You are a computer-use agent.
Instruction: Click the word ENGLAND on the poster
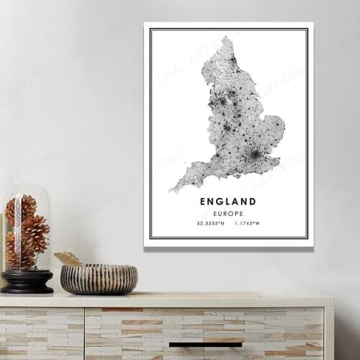click(x=228, y=202)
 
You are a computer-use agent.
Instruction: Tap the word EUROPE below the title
click(x=228, y=214)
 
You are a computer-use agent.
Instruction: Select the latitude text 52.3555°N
click(x=210, y=223)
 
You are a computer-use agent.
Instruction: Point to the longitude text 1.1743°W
click(x=246, y=223)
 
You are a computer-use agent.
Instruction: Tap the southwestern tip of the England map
click(x=171, y=190)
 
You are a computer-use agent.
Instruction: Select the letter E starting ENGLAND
click(x=204, y=202)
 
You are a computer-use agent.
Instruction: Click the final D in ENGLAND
click(x=253, y=202)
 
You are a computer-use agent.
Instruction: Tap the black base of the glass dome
click(x=27, y=282)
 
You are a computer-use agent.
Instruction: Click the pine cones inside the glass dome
click(x=27, y=230)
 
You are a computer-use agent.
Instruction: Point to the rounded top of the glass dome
click(x=26, y=189)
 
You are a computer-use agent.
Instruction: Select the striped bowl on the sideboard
click(x=99, y=279)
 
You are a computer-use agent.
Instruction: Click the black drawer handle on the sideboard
click(x=205, y=345)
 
